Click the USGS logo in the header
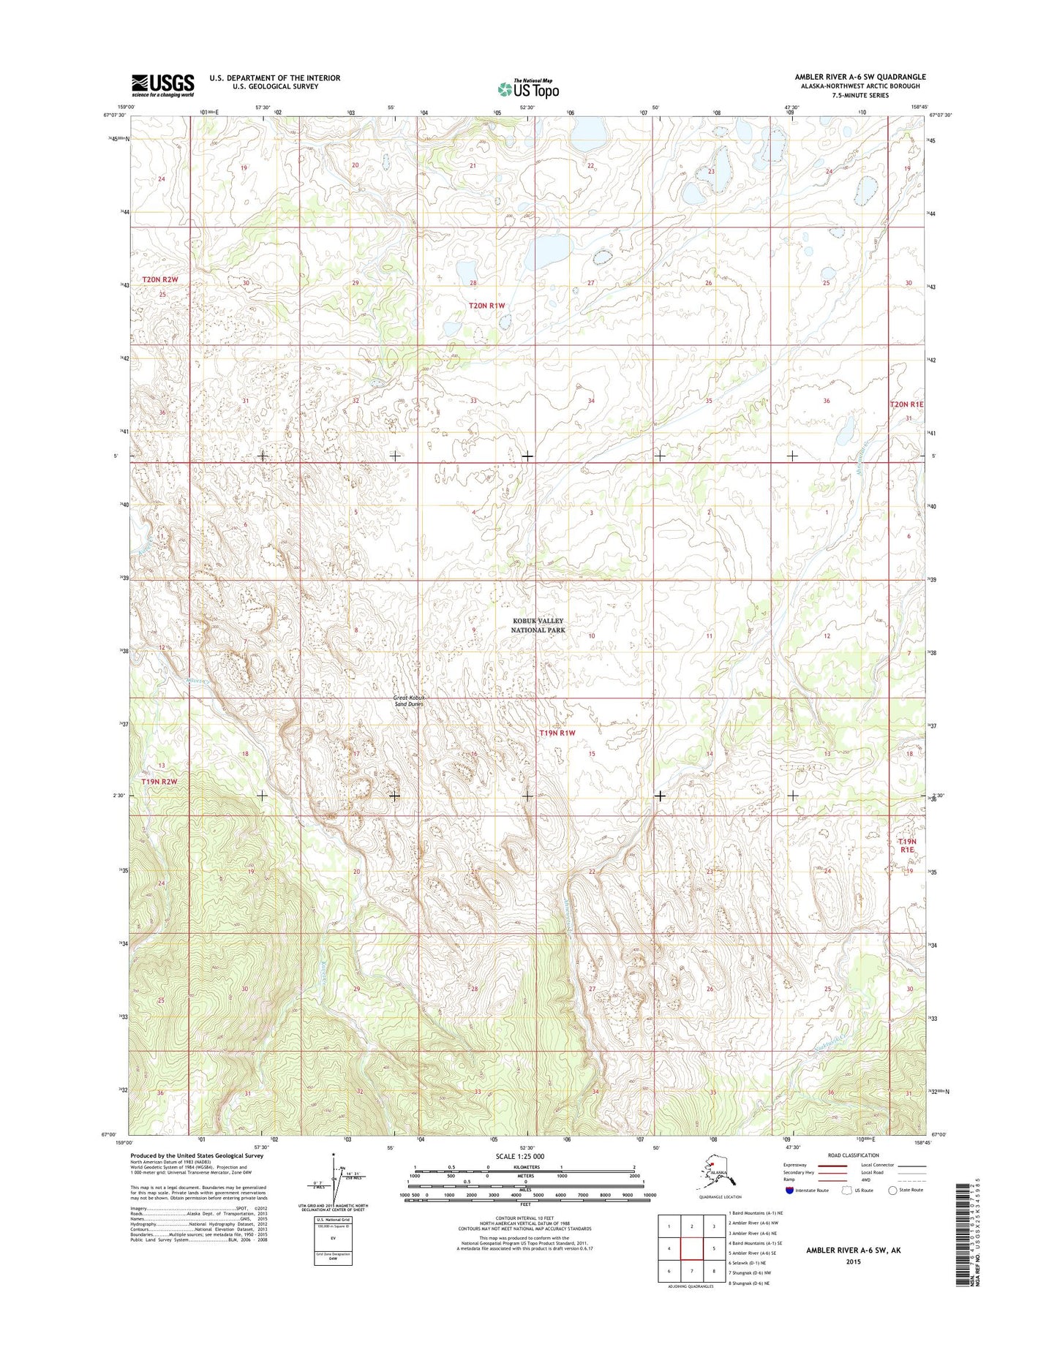pyautogui.click(x=162, y=85)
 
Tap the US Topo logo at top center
pyautogui.click(x=528, y=89)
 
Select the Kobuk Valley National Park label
pyautogui.click(x=538, y=625)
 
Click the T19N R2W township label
pyautogui.click(x=160, y=781)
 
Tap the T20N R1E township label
pyautogui.click(x=906, y=404)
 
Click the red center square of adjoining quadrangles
pyautogui.click(x=691, y=1248)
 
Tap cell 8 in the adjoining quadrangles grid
pyautogui.click(x=714, y=1271)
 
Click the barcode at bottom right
pyautogui.click(x=964, y=1245)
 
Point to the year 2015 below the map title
pyautogui.click(x=854, y=1261)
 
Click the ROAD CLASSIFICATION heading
pyautogui.click(x=854, y=1155)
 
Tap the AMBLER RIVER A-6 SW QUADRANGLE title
pyautogui.click(x=860, y=77)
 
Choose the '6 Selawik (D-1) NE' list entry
pyautogui.click(x=747, y=1263)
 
